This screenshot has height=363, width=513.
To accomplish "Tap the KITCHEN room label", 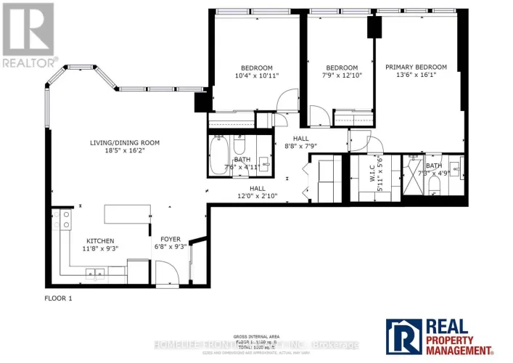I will click(101, 241).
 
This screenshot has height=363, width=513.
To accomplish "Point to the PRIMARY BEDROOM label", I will click(416, 68).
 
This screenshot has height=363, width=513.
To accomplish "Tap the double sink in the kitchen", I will click(94, 274).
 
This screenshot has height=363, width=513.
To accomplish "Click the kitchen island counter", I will click(127, 215).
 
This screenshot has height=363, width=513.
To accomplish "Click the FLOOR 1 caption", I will click(58, 298).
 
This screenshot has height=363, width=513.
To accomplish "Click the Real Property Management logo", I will click(444, 337).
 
